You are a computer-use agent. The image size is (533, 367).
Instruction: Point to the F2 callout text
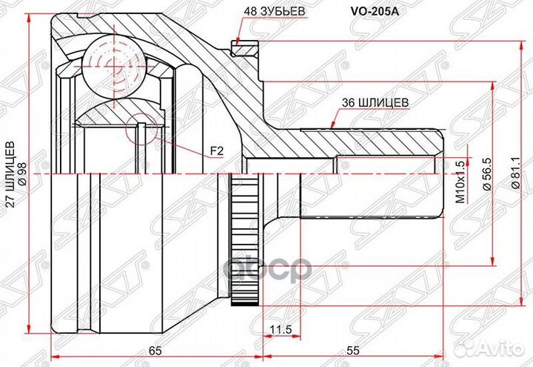click(216, 151)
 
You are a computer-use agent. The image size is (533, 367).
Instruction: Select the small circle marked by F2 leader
click(144, 130)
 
